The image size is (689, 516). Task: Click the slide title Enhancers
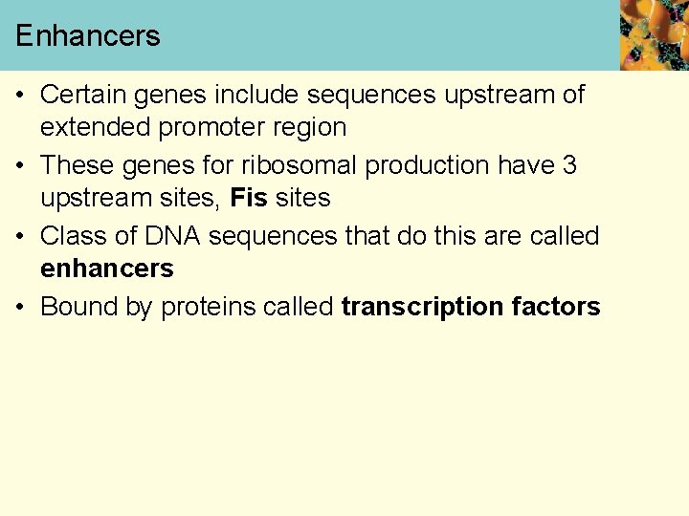click(87, 36)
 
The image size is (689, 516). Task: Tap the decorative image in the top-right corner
click(654, 35)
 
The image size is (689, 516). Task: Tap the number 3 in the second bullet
click(569, 165)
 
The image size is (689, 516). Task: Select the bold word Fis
click(250, 198)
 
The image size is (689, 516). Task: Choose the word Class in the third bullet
click(73, 236)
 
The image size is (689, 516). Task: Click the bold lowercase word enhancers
click(107, 269)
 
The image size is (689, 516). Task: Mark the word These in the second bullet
click(78, 165)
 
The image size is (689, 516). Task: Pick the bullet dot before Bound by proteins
click(21, 307)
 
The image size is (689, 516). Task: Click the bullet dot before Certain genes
click(21, 95)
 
